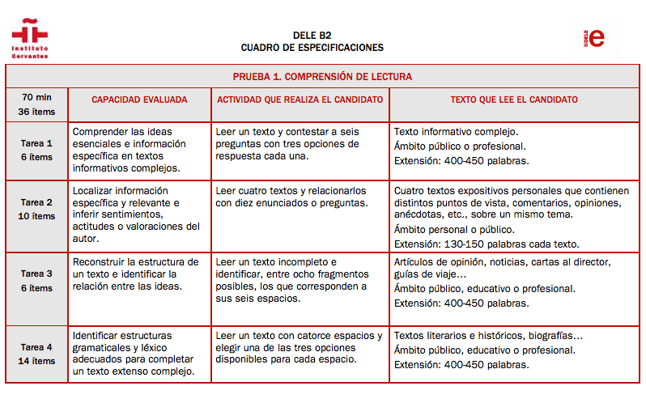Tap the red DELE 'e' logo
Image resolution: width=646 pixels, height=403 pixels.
pyautogui.click(x=596, y=38)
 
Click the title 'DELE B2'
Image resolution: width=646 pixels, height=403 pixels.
pyautogui.click(x=312, y=36)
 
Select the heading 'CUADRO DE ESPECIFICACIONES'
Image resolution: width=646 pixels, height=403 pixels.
pyautogui.click(x=312, y=48)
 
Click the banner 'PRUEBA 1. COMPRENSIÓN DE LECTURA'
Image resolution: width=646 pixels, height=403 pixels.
pyautogui.click(x=322, y=77)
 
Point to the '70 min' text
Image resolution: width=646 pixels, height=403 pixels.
pyautogui.click(x=36, y=95)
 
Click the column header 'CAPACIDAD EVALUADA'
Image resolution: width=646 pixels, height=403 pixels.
pyautogui.click(x=139, y=100)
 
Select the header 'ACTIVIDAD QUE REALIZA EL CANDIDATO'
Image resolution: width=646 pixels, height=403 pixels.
pyautogui.click(x=300, y=100)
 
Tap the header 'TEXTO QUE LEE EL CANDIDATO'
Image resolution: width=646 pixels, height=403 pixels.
pyautogui.click(x=514, y=100)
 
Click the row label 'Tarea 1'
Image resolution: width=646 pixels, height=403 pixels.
pyautogui.click(x=36, y=142)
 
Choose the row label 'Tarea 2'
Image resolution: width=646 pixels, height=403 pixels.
pyautogui.click(x=36, y=202)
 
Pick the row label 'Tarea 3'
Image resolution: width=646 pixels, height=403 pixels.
pyautogui.click(x=36, y=274)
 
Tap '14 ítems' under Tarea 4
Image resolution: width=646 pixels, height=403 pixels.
pyautogui.click(x=36, y=361)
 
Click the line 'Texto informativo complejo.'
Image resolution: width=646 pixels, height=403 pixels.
pyautogui.click(x=456, y=131)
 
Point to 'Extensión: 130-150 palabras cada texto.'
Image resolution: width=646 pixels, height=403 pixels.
pyautogui.click(x=487, y=244)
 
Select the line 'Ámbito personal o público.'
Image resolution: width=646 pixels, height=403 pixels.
pyautogui.click(x=454, y=229)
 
